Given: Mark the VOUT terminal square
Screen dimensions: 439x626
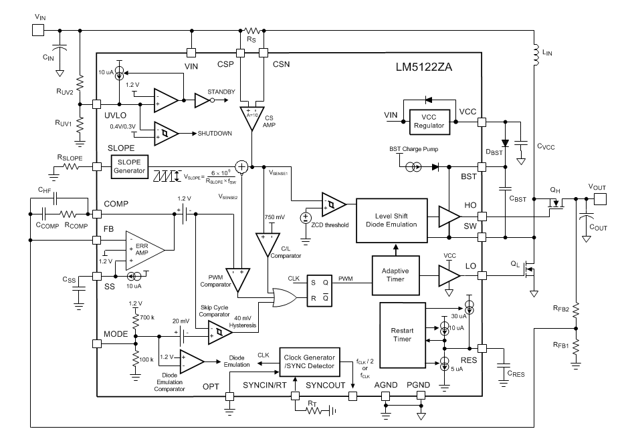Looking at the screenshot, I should pos(600,199).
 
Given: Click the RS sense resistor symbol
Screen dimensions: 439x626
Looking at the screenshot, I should pos(252,31).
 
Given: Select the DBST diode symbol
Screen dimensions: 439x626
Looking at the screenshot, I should pos(506,143).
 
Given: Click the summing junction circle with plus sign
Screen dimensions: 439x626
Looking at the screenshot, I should pos(241,166).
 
